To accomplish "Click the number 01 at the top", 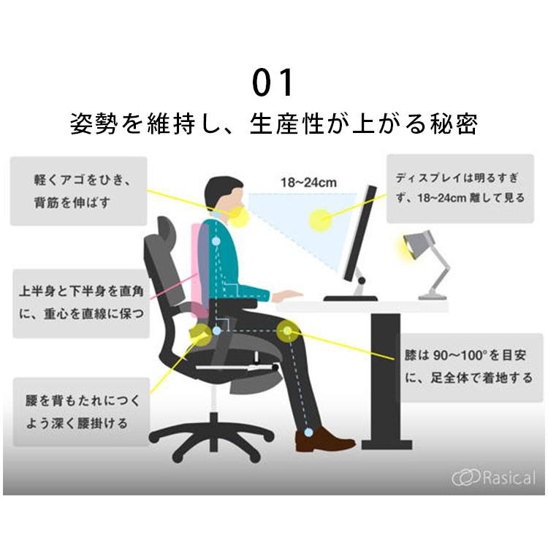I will click(273, 83).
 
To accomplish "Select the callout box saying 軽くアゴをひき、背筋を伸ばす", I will click(78, 191).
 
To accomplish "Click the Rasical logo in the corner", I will click(493, 478).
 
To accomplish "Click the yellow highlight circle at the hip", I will click(199, 335).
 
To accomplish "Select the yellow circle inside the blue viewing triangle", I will click(319, 219).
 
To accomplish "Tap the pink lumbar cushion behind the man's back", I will click(199, 270).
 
